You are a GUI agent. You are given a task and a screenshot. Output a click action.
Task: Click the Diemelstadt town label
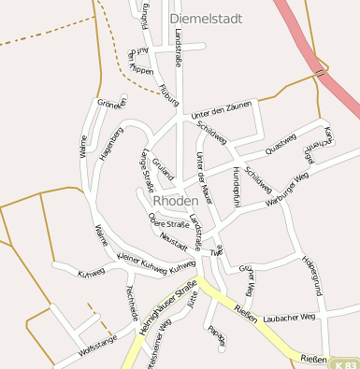pos(206,17)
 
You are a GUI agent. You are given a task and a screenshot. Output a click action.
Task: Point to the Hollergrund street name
pos(312,276)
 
